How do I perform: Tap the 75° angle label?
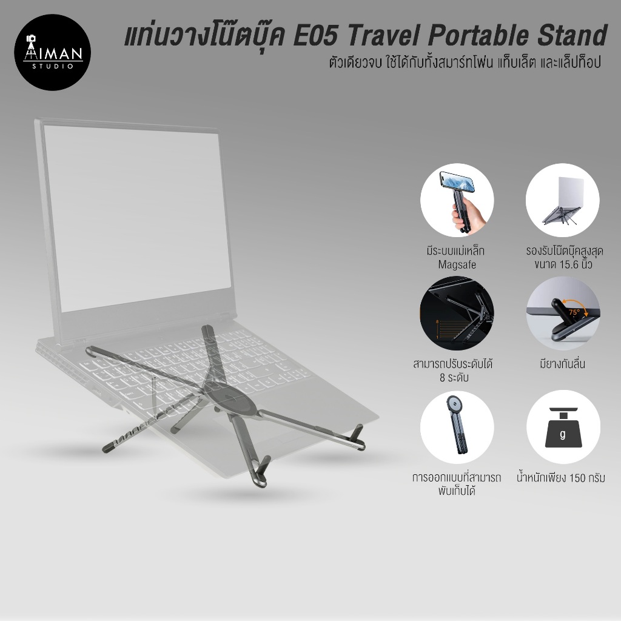tap(573, 313)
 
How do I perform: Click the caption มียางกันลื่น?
tap(562, 365)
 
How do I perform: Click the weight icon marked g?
tap(562, 427)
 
